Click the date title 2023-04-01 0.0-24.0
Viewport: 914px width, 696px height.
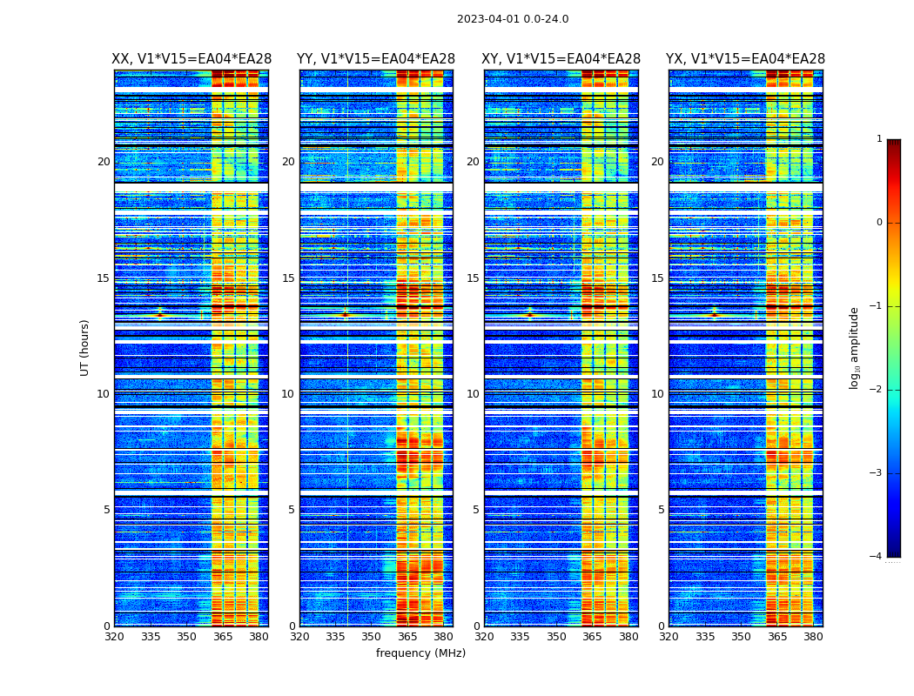pos(513,19)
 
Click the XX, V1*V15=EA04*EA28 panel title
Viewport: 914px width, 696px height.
pos(192,59)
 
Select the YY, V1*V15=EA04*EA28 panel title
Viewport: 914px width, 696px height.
pos(376,59)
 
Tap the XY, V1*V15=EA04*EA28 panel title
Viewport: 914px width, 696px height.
pos(561,59)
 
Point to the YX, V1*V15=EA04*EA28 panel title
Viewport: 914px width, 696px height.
pos(745,59)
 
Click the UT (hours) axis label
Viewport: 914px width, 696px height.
pos(85,347)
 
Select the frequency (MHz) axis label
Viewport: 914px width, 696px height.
pos(420,653)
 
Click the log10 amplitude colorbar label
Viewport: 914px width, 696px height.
pos(855,347)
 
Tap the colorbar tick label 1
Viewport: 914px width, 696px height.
pos(879,139)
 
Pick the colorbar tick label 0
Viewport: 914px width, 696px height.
pos(879,223)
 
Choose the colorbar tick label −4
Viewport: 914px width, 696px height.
pos(877,557)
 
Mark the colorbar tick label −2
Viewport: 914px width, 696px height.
pos(877,390)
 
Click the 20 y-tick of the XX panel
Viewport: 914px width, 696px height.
pos(104,162)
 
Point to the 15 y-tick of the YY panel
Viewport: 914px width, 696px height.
pos(287,278)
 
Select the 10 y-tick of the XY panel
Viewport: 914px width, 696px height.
pos(472,394)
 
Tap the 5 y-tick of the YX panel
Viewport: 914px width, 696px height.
pos(661,510)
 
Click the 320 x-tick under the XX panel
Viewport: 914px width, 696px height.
pos(114,637)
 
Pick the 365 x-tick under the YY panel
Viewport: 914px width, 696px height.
pos(407,637)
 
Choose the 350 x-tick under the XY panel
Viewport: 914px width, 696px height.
pos(556,637)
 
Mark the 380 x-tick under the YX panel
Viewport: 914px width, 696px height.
pos(813,637)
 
